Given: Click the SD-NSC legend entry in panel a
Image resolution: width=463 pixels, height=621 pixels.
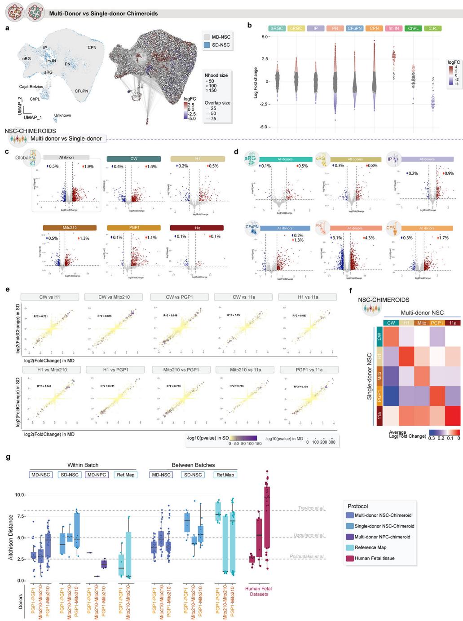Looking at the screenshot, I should pyautogui.click(x=217, y=45).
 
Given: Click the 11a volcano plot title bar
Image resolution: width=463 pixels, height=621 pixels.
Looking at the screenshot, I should pyautogui.click(x=197, y=228).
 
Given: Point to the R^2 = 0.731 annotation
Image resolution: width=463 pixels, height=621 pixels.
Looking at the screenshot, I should pyautogui.click(x=41, y=316).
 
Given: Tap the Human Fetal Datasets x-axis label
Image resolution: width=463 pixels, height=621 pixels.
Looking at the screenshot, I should pyautogui.click(x=259, y=591).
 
